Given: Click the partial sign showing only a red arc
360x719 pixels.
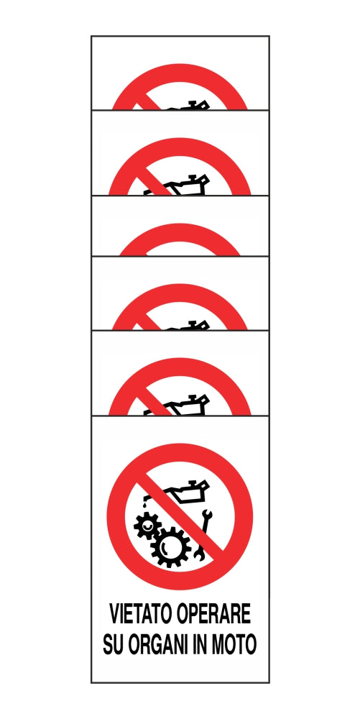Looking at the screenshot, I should click(x=180, y=241).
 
